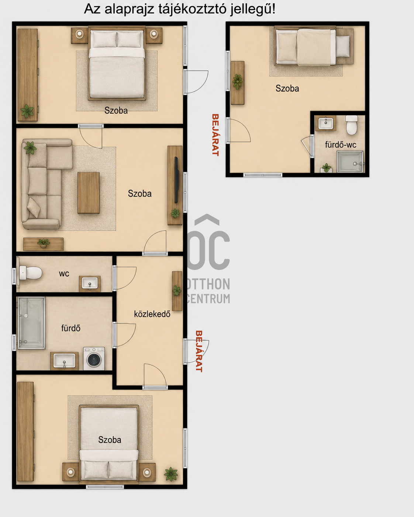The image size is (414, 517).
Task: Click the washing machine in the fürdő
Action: [94, 358]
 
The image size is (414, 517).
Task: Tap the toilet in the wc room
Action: [31, 273]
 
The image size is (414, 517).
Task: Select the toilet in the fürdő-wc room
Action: [352, 125]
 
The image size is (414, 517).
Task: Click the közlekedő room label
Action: [152, 314]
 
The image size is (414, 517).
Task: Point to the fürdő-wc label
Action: [341, 145]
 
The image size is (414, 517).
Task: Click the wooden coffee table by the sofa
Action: [89, 192]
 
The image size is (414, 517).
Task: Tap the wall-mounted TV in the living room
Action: [176, 180]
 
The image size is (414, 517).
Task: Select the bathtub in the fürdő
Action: [31, 323]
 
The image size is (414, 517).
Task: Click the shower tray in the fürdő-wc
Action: [350, 162]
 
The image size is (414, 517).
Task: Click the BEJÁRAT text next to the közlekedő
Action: [199, 351]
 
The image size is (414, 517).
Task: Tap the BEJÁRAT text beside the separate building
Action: [215, 135]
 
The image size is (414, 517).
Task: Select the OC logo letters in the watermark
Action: [208, 250]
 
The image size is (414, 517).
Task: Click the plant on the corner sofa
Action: [30, 148]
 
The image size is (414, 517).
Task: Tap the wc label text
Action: [64, 274]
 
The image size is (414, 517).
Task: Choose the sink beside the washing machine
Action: [65, 361]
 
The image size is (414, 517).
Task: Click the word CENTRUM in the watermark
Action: [208, 299]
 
